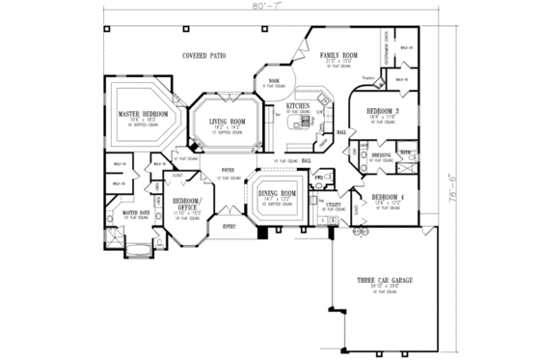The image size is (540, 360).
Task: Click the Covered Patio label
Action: (x=203, y=55)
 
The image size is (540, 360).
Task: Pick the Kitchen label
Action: (x=296, y=105)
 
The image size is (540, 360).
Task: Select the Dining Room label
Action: (x=276, y=194)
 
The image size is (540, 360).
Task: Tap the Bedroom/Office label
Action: (x=186, y=204)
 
